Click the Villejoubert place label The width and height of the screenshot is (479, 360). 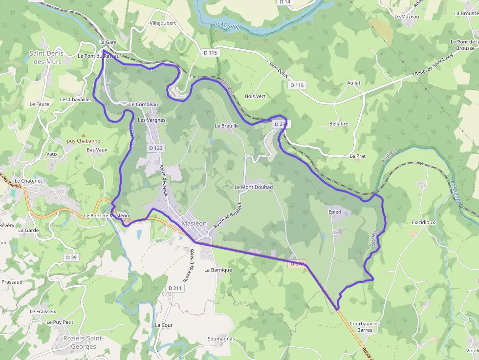(x=162, y=23)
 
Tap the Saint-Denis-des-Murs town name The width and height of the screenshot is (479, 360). (x=45, y=58)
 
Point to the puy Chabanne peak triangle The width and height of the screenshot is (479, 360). (x=83, y=135)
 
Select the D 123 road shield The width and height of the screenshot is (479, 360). (x=155, y=148)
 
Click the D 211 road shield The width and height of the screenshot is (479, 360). (x=175, y=288)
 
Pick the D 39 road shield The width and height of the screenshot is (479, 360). (x=71, y=257)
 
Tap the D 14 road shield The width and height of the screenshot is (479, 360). (x=285, y=2)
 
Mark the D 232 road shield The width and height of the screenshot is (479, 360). (x=281, y=125)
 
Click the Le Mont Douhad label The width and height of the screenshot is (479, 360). (x=253, y=187)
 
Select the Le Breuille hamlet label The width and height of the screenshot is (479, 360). (x=227, y=126)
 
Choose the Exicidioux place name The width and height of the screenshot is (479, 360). (x=423, y=222)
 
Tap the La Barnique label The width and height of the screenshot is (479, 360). (x=218, y=270)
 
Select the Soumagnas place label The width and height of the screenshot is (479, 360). (x=221, y=339)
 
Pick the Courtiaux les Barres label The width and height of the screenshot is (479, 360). (x=365, y=327)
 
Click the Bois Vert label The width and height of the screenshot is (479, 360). (x=255, y=96)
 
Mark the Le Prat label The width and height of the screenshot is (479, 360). (x=357, y=156)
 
